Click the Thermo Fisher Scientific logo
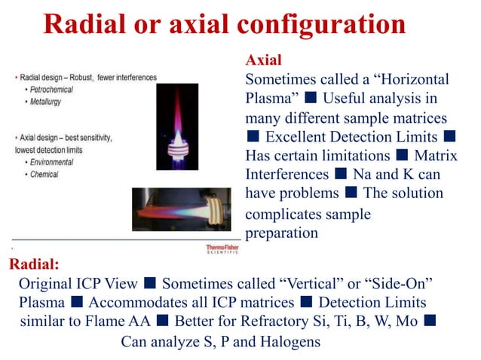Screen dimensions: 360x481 coord(223,248)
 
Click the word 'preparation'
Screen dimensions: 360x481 coord(282,233)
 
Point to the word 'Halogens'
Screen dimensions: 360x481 coord(291,342)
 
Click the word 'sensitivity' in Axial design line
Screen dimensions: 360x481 coord(93,138)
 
